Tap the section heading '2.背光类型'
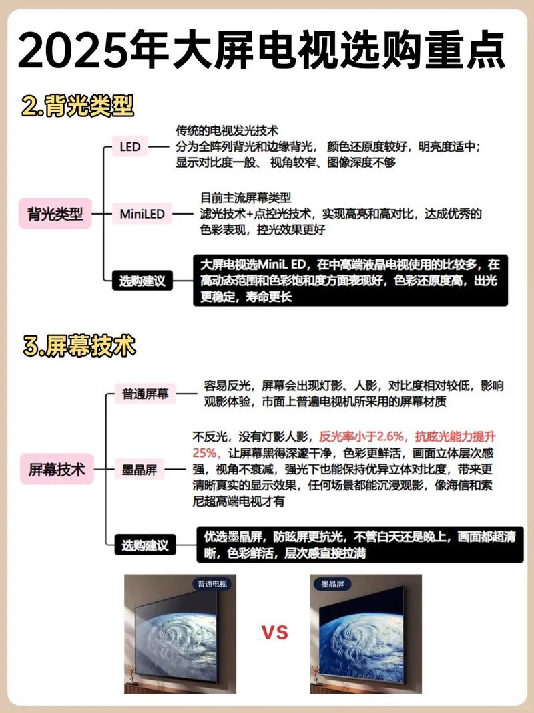point(77,107)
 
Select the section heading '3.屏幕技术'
point(79,347)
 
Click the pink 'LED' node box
point(130,146)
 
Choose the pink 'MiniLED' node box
point(142,215)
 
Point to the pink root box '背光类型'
point(55,215)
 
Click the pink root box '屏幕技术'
point(57,469)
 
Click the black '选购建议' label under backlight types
point(142,281)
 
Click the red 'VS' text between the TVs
point(274,631)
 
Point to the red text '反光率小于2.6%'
point(363,437)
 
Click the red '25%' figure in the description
point(206,453)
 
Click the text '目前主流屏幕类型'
point(246,198)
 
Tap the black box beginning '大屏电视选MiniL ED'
point(350,281)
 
